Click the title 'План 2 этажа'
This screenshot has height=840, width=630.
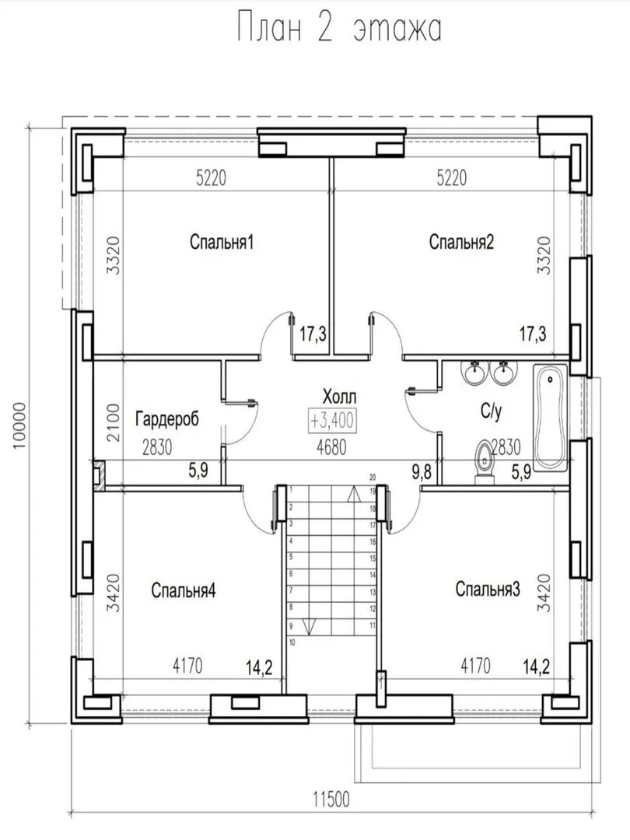point(339,29)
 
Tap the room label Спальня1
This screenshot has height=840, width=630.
point(221,242)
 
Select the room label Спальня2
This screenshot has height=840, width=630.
point(461,242)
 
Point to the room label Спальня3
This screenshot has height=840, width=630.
point(488,589)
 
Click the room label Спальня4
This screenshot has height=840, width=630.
point(184,590)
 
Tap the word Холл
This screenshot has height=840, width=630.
point(339,397)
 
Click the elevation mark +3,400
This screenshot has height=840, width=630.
point(332,421)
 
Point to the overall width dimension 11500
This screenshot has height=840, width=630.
point(331,800)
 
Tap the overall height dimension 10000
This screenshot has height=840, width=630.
point(19,426)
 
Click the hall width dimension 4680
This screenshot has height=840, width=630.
point(331,448)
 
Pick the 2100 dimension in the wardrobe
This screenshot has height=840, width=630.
point(113,422)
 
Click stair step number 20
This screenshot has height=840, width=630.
point(373,477)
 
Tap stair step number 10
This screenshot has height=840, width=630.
point(292,642)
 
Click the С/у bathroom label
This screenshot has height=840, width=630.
point(491,411)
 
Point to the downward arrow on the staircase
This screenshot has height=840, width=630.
point(310,626)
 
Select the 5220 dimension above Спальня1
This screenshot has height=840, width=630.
point(211,177)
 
